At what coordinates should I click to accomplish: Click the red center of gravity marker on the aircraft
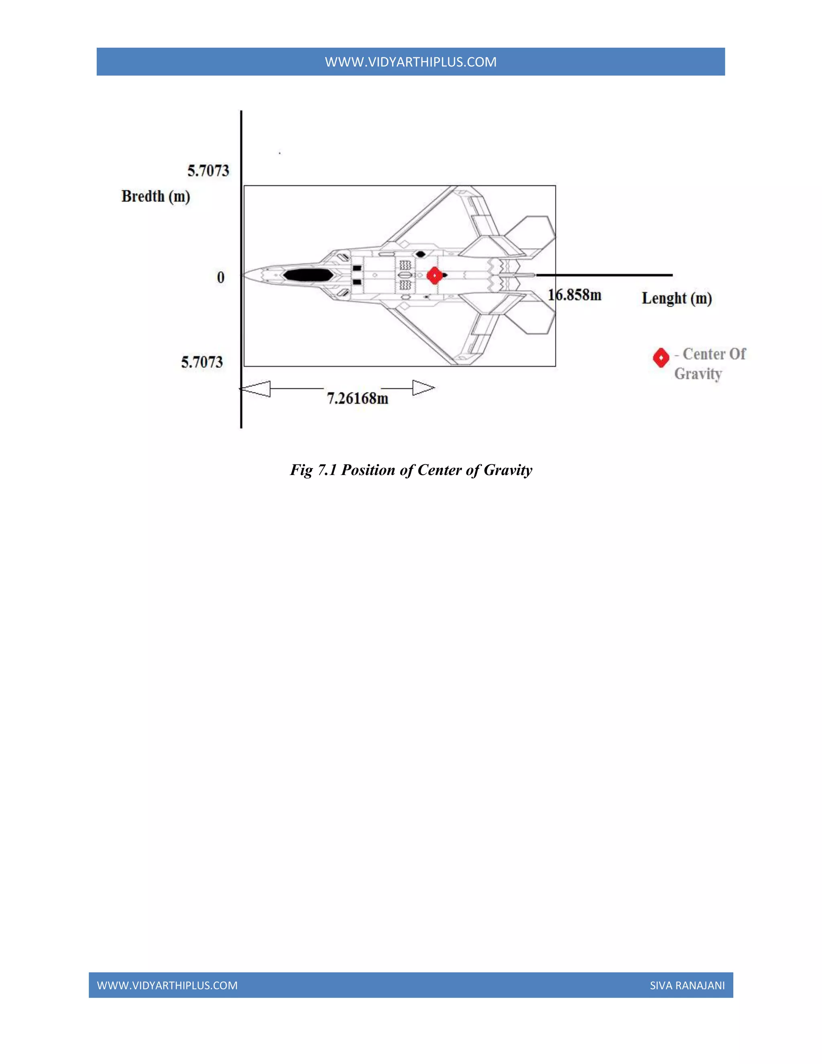(x=434, y=276)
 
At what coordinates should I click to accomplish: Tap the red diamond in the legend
(x=660, y=358)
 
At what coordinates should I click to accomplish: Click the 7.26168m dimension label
(x=358, y=399)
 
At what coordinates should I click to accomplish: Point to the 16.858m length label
(x=575, y=295)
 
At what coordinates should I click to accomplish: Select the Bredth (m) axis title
(x=155, y=196)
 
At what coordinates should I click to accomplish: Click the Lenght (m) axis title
(x=676, y=298)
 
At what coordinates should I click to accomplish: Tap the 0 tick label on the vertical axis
(x=221, y=278)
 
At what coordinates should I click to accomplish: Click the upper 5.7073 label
(x=208, y=171)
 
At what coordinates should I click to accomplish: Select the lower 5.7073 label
(x=201, y=362)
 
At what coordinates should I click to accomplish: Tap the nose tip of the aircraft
(x=245, y=275)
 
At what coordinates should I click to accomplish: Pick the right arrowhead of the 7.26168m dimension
(x=423, y=388)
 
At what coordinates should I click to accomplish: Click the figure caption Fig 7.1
(x=411, y=470)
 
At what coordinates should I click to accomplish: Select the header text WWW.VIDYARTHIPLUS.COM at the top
(x=411, y=62)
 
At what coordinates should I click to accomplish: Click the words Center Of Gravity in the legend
(x=710, y=363)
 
